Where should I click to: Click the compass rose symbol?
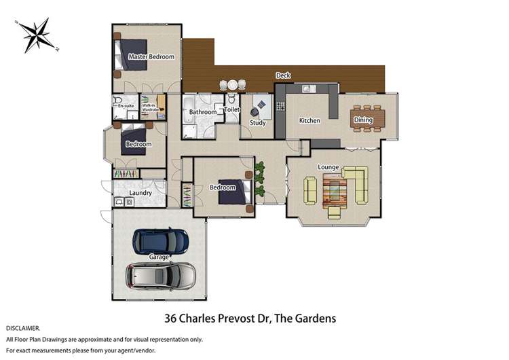tap(37, 35)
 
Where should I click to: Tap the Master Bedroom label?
tap(151, 56)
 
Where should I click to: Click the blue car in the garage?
tap(160, 241)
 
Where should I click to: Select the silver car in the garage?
tap(161, 276)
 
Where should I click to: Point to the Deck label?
tap(283, 75)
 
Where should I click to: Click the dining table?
tap(367, 119)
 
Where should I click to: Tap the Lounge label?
tap(328, 167)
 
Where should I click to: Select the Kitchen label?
tap(309, 120)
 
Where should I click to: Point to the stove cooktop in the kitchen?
tap(280, 106)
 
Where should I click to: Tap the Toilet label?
tap(232, 110)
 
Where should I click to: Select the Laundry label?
tap(140, 193)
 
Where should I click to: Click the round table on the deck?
tap(232, 85)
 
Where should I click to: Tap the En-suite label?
tap(126, 106)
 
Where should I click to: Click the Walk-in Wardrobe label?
tap(150, 107)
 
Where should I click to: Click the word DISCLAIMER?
tap(22, 329)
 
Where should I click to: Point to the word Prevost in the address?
tap(236, 318)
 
